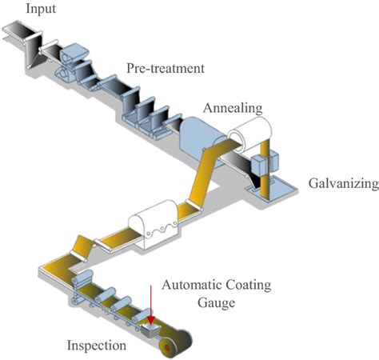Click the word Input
pyautogui.click(x=20, y=10)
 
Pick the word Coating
pyautogui.click(x=246, y=285)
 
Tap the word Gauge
pyautogui.click(x=217, y=303)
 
